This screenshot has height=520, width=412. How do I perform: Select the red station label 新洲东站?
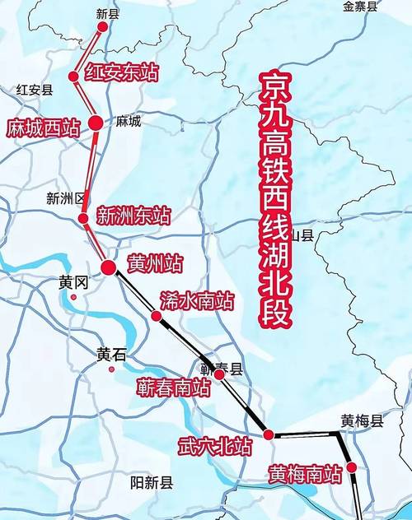[x=133, y=216]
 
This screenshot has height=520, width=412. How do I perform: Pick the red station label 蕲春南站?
[x=175, y=388]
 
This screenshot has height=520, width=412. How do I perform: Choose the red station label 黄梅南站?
[x=304, y=474]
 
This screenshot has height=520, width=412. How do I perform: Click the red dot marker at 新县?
[x=103, y=26]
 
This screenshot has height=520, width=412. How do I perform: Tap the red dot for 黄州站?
[x=108, y=267]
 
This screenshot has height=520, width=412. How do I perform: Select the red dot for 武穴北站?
[x=269, y=434]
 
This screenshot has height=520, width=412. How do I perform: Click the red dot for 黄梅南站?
[x=352, y=467]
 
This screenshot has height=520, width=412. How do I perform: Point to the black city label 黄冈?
[x=73, y=282]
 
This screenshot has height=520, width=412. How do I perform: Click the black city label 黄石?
[x=111, y=355]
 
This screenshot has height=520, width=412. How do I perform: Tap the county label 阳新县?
[x=152, y=483]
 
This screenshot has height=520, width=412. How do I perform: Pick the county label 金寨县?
[x=360, y=7]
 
